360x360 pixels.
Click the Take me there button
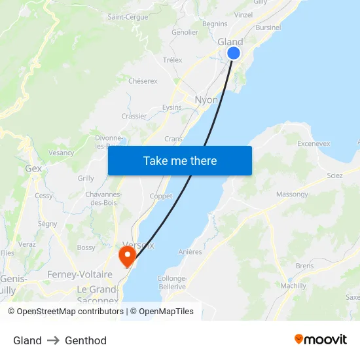click(x=180, y=160)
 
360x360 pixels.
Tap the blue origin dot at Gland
click(x=234, y=53)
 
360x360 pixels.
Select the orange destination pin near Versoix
click(x=126, y=254)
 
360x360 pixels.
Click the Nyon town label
click(x=206, y=100)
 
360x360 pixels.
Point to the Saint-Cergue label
click(x=128, y=17)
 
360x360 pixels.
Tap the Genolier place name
click(x=185, y=32)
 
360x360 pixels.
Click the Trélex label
click(x=172, y=60)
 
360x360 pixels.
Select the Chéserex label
click(x=143, y=81)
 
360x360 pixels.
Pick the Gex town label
click(x=33, y=168)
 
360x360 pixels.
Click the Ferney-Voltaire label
click(x=79, y=275)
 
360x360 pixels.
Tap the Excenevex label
click(x=314, y=143)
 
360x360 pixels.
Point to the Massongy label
click(x=292, y=194)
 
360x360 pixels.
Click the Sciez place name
click(x=334, y=176)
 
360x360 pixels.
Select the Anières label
click(x=190, y=251)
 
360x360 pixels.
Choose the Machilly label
click(x=293, y=286)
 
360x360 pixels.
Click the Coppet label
click(x=161, y=196)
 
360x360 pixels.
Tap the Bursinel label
click(x=268, y=28)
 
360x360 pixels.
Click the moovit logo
click(x=321, y=339)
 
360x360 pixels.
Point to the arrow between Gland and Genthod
click(x=53, y=340)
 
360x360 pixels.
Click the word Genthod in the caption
click(x=86, y=340)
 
